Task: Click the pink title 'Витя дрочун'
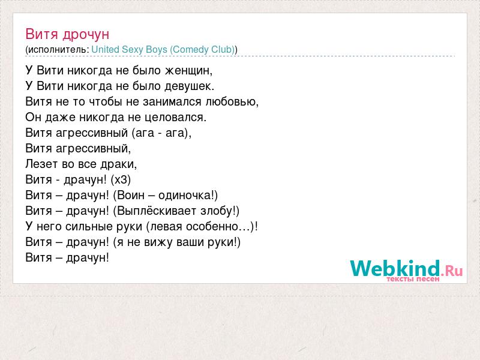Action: [67, 34]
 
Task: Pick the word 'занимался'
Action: [172, 102]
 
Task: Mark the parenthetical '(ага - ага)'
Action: [160, 133]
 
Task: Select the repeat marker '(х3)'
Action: [121, 179]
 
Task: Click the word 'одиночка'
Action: [184, 196]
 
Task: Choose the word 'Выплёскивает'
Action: [157, 211]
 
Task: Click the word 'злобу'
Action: [217, 211]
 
